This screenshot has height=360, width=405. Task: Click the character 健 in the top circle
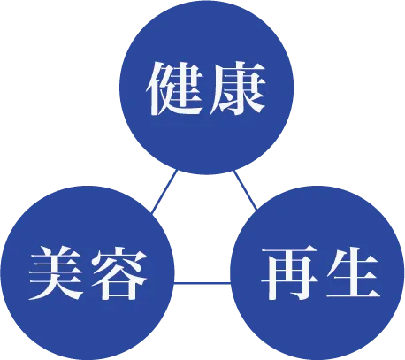pyautogui.click(x=175, y=88)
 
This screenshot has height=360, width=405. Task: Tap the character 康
pyautogui.click(x=237, y=88)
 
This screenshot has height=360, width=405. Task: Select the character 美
pyautogui.click(x=56, y=272)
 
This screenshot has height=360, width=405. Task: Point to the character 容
pyautogui.click(x=118, y=272)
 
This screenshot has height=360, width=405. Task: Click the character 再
pyautogui.click(x=289, y=273)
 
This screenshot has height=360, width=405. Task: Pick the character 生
pyautogui.click(x=352, y=273)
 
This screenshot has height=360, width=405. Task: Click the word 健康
pyautogui.click(x=206, y=88)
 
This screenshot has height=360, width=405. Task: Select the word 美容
pyautogui.click(x=88, y=272)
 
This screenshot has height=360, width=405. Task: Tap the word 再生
pyautogui.click(x=320, y=273)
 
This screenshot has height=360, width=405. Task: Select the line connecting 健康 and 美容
pyautogui.click(x=164, y=191)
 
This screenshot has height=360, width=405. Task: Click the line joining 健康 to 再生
pyautogui.click(x=246, y=190)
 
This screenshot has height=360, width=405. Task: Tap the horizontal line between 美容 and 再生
pyautogui.click(x=202, y=284)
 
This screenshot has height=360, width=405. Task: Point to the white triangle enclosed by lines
pyautogui.click(x=203, y=236)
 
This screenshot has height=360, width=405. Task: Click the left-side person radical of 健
pyautogui.click(x=156, y=88)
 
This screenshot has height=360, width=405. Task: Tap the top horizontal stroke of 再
pyautogui.click(x=289, y=251)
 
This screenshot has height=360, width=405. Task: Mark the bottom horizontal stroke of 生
pyautogui.click(x=353, y=294)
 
